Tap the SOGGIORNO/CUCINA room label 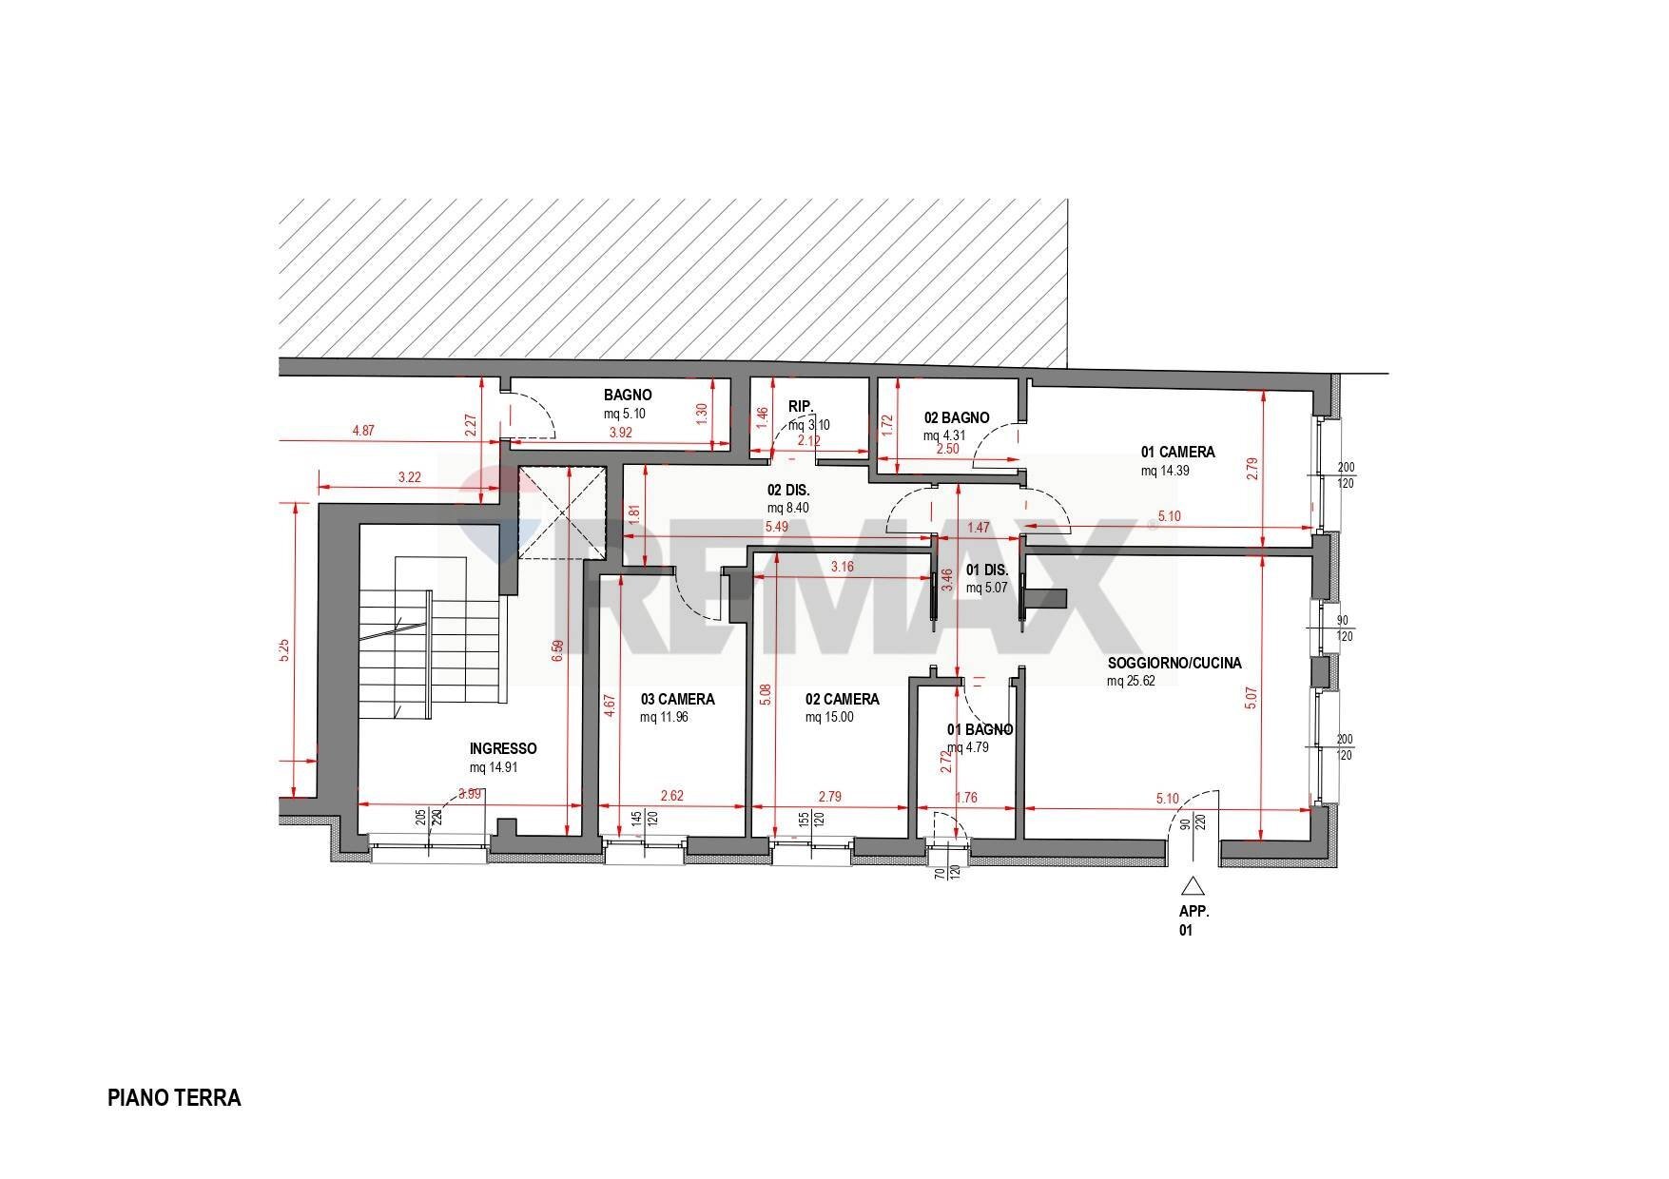1174,664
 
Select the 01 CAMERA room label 1177,453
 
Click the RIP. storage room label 801,407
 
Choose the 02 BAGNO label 956,417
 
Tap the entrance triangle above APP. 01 1193,886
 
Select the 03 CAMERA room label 676,699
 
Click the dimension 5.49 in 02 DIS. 777,527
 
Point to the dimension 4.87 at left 362,431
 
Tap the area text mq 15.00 828,717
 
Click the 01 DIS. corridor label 986,570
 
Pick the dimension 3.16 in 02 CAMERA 842,568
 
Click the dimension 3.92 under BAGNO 621,432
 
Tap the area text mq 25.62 1131,681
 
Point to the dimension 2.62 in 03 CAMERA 671,796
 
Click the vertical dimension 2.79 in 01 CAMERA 1252,469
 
